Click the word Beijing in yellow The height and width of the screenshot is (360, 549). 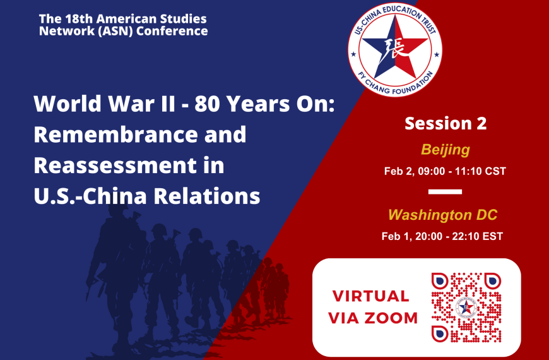point(446,150)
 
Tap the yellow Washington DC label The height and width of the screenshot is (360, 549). point(442,215)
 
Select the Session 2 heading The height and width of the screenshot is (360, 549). point(446,123)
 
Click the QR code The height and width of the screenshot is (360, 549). point(466,307)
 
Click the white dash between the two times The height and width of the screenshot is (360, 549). point(445,191)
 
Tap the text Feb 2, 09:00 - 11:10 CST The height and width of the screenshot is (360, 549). point(445,171)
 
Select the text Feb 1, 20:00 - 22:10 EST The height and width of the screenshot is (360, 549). point(442,236)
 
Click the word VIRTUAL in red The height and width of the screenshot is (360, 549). point(370,296)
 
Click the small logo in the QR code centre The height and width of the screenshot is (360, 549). point(466,307)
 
